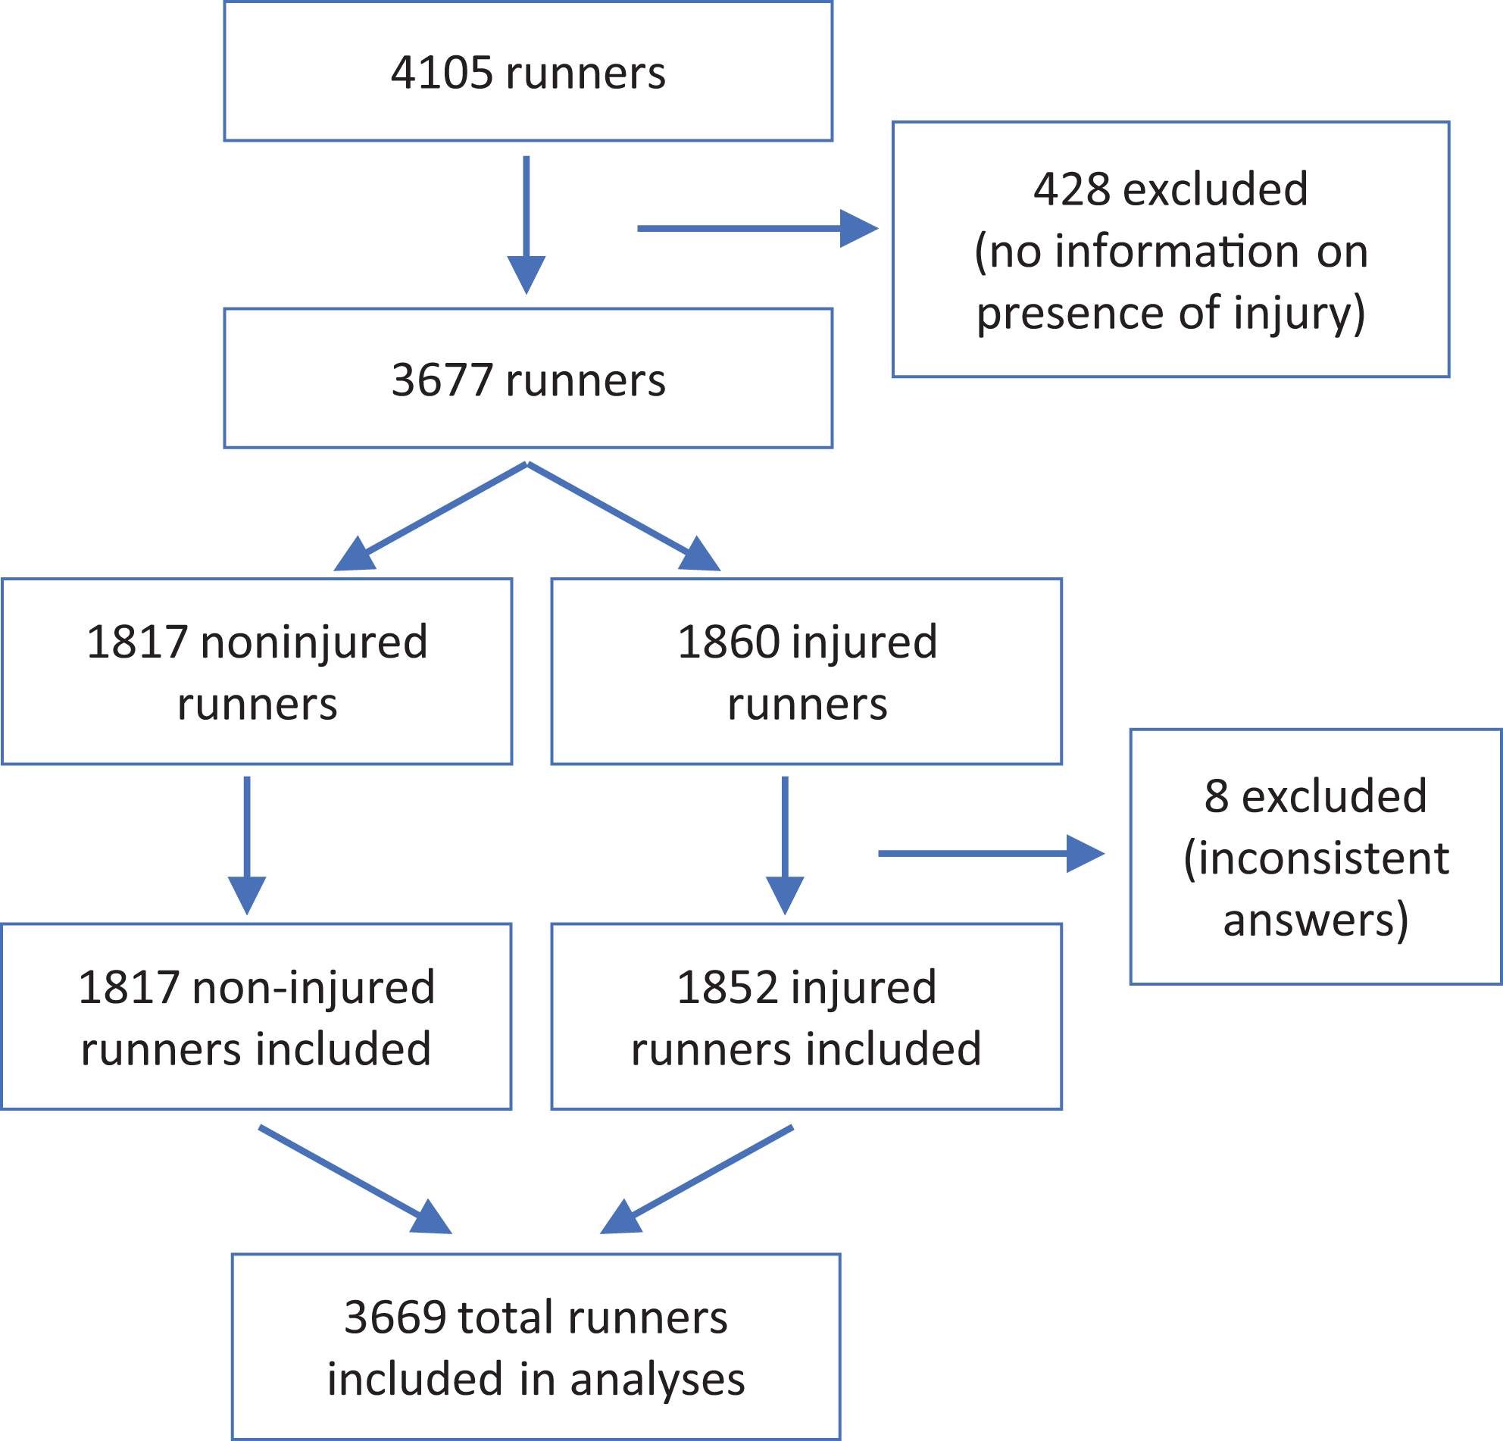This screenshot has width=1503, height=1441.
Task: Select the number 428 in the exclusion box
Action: [x=1071, y=189]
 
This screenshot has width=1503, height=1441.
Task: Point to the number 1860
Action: [x=729, y=642]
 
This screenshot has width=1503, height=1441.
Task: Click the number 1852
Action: [x=729, y=987]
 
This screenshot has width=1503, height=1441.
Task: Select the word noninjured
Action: [x=314, y=642]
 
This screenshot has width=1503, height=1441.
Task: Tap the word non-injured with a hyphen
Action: [x=314, y=987]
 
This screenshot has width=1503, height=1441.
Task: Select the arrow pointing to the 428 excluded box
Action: [x=758, y=229]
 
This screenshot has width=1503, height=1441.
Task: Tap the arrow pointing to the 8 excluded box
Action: [x=991, y=854]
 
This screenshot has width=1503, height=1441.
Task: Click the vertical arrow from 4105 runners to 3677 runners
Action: [x=526, y=226]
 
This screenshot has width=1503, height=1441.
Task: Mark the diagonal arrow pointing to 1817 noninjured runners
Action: [x=431, y=516]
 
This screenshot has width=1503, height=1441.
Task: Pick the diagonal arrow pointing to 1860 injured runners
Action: [x=623, y=516]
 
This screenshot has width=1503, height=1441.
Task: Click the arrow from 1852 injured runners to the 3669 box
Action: [x=696, y=1180]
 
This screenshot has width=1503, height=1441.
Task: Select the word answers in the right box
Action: [x=1316, y=921]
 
